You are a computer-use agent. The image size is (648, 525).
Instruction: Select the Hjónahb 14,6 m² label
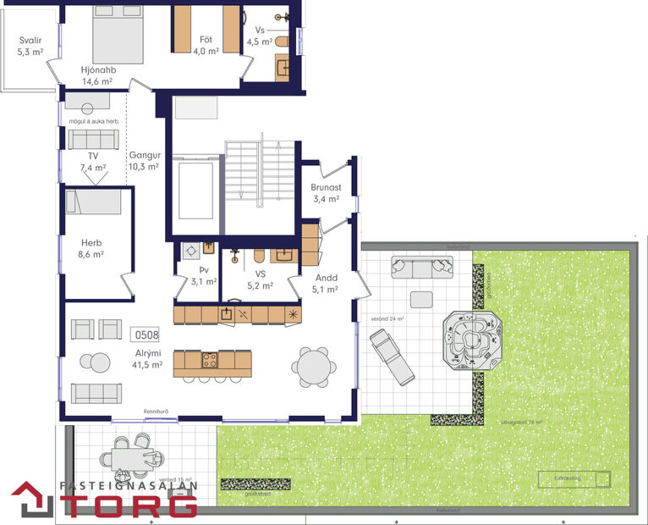pyautogui.click(x=99, y=76)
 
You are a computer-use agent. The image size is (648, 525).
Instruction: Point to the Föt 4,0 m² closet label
pyautogui.click(x=206, y=45)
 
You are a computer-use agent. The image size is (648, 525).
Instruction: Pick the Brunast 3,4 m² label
pyautogui.click(x=326, y=193)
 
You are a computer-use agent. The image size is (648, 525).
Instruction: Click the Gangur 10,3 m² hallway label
pyautogui.click(x=144, y=161)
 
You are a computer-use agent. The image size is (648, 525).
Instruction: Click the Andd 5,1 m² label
pyautogui.click(x=326, y=283)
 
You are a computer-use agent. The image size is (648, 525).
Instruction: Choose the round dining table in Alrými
pyautogui.click(x=313, y=367)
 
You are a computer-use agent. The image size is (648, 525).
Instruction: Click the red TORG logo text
pyautogui.click(x=135, y=506)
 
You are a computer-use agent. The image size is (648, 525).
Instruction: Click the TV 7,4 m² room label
pyautogui.click(x=93, y=162)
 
